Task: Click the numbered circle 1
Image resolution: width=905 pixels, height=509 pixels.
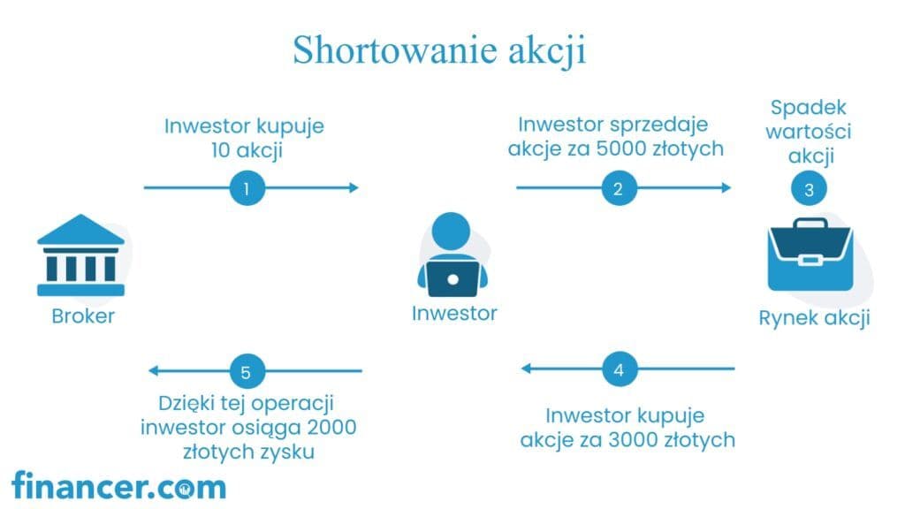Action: point(247,188)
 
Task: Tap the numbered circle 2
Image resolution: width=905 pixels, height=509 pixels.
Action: point(619,188)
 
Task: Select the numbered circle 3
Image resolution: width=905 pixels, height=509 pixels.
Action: point(809,189)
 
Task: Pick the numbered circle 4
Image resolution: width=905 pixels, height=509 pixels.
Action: point(620,369)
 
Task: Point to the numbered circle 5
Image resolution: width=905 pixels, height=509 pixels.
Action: point(247,371)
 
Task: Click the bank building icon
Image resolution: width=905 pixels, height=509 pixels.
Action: point(80,255)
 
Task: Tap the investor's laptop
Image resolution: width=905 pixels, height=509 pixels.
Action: point(452,278)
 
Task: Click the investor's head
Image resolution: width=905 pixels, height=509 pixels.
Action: point(451,231)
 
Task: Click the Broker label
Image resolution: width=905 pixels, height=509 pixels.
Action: point(83,316)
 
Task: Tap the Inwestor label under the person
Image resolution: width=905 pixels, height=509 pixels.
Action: point(454,314)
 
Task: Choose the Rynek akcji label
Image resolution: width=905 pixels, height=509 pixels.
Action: point(814,318)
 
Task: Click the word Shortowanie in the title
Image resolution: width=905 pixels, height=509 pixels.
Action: point(395,49)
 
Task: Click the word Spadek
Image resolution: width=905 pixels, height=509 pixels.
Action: point(808,108)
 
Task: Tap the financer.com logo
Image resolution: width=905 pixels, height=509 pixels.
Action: point(119,486)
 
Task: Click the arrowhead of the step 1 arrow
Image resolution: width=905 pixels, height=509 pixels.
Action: point(354,187)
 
